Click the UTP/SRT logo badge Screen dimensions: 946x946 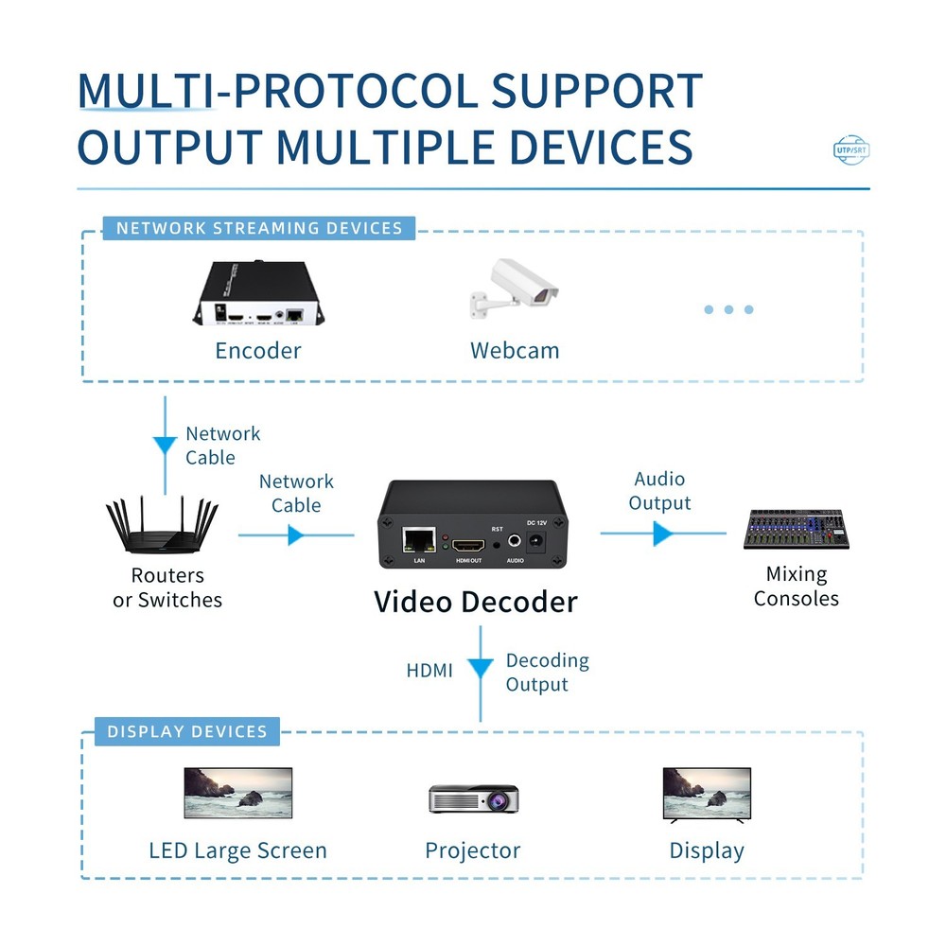[851, 149]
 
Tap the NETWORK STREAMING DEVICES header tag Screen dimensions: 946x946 [259, 228]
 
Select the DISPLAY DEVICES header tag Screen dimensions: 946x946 [187, 731]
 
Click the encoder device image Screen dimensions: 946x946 [256, 294]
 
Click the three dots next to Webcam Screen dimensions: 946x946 [728, 309]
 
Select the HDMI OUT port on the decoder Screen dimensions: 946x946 [468, 546]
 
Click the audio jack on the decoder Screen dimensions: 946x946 [515, 542]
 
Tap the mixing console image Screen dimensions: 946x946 [796, 530]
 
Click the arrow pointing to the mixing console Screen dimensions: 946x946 [663, 534]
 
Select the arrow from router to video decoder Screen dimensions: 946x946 [296, 535]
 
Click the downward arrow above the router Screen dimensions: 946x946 [166, 444]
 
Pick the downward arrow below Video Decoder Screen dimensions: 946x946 [481, 669]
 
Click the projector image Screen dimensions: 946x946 [473, 798]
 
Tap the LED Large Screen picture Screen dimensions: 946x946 [237, 793]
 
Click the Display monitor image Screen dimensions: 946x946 [707, 793]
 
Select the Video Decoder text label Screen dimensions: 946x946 [475, 602]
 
